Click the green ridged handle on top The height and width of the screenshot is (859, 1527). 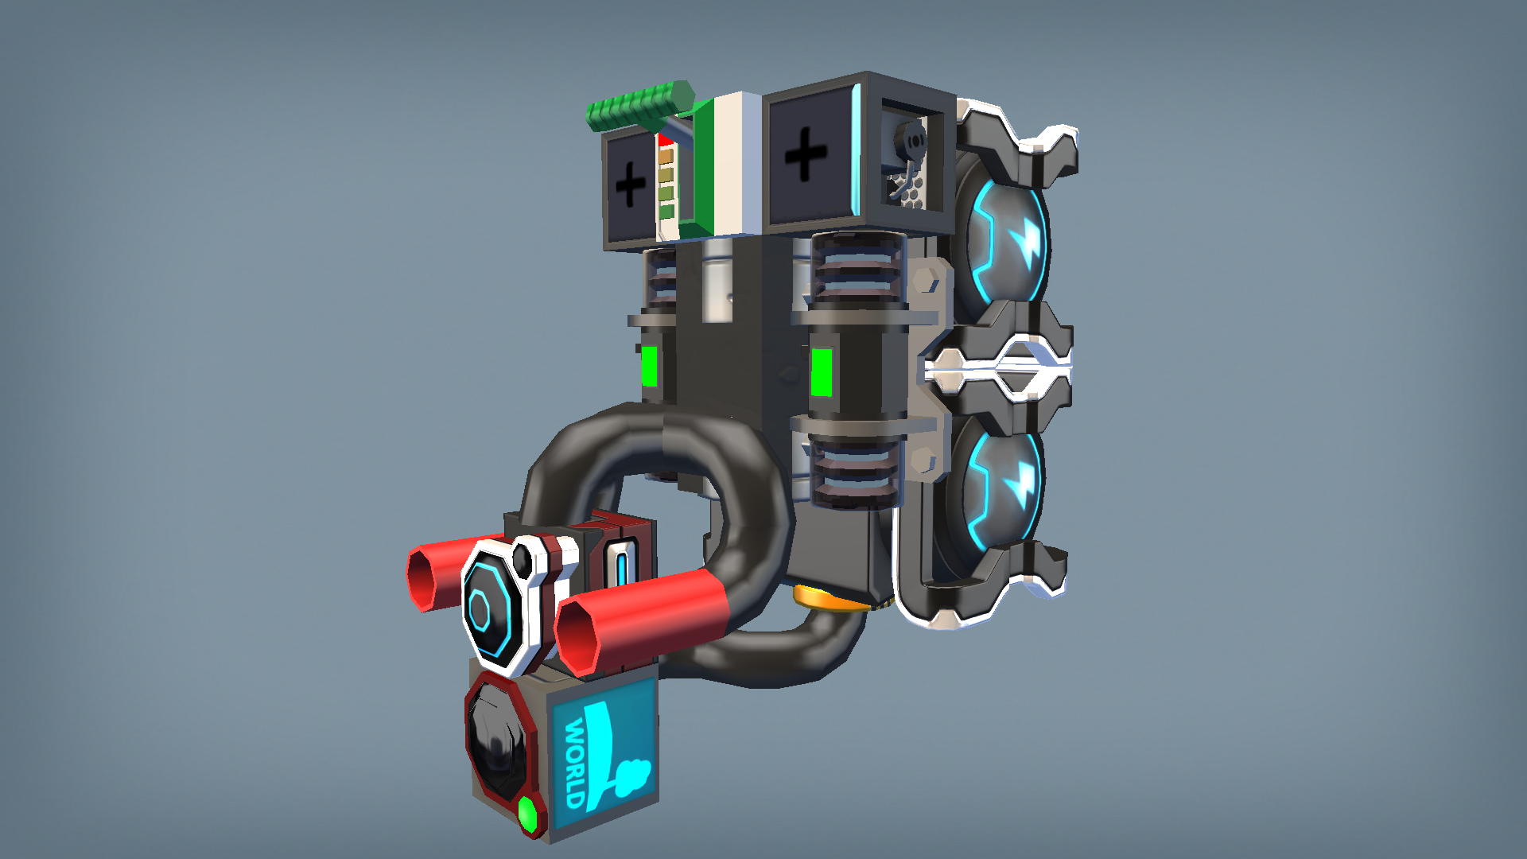pyautogui.click(x=639, y=106)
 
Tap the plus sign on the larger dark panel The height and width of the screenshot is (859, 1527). pyautogui.click(x=806, y=154)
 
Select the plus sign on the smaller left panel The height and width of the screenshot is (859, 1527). pyautogui.click(x=631, y=185)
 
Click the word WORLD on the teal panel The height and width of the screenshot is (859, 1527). pyautogui.click(x=576, y=761)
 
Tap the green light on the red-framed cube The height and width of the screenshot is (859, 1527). pyautogui.click(x=527, y=813)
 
